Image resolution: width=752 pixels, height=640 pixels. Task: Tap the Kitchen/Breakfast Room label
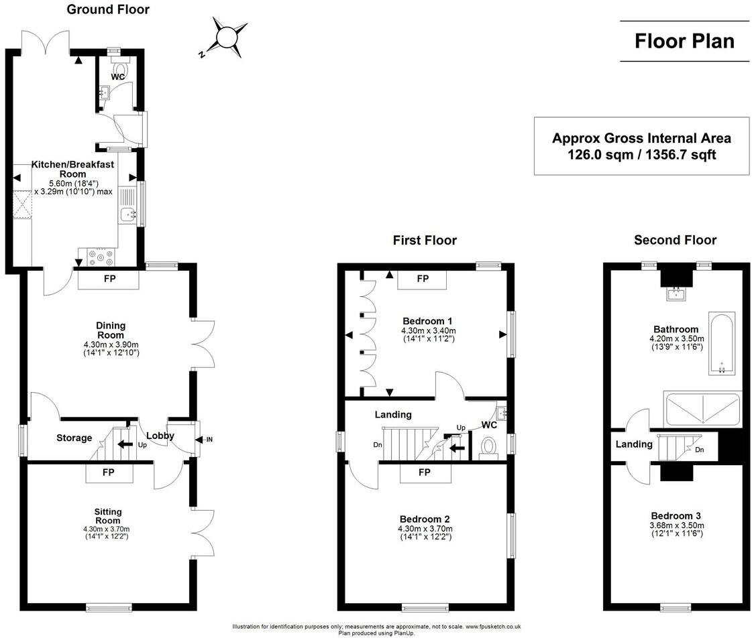(73, 169)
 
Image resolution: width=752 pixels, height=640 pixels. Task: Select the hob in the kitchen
(100, 257)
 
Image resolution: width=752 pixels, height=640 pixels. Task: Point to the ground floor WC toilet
(118, 68)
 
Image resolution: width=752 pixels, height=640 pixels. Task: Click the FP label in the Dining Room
(110, 278)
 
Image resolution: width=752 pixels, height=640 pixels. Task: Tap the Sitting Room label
(108, 516)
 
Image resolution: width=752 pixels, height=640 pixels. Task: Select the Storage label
(74, 438)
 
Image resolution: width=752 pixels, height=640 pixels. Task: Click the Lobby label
(160, 436)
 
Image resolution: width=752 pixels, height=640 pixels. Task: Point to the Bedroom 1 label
(427, 321)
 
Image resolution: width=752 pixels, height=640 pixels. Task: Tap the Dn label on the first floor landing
(378, 445)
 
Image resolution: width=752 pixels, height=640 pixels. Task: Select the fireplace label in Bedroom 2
(425, 472)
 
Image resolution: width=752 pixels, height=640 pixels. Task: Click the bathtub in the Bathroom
(721, 344)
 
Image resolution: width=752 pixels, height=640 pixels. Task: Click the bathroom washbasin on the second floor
(677, 293)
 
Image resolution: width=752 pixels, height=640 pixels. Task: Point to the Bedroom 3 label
(676, 516)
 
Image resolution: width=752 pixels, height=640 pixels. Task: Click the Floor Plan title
(684, 41)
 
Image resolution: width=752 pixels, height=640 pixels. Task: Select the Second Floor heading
(676, 240)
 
